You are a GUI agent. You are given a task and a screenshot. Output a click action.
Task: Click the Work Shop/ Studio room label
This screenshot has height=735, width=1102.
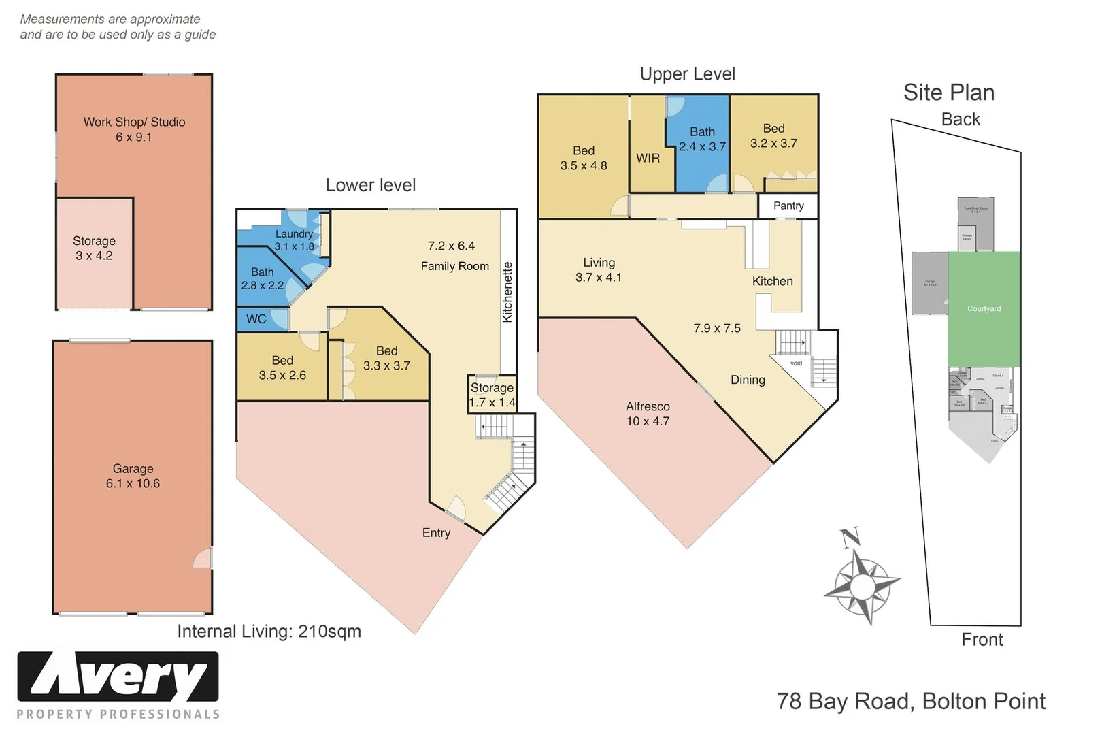tap(134, 129)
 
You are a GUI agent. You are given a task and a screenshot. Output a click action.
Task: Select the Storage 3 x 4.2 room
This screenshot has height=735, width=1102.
tap(94, 248)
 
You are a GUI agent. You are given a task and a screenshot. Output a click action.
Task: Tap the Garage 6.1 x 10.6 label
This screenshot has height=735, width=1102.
tap(133, 476)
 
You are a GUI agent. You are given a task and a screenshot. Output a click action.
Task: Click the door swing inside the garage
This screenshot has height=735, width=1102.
tap(203, 559)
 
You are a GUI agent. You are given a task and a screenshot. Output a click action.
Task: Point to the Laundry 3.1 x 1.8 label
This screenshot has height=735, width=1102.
tap(294, 240)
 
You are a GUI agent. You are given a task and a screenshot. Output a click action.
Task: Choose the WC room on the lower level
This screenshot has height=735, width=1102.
tap(256, 318)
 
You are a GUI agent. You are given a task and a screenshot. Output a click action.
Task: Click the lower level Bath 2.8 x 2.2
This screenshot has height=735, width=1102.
tap(262, 278)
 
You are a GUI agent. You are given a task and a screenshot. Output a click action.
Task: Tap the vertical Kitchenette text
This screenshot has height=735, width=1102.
tap(507, 292)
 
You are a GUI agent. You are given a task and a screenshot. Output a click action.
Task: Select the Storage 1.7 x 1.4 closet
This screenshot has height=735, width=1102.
tap(492, 395)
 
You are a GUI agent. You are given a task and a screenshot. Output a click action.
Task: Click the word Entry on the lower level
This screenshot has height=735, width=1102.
tap(436, 533)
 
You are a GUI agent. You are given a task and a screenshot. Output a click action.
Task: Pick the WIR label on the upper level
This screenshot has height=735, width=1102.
tap(648, 158)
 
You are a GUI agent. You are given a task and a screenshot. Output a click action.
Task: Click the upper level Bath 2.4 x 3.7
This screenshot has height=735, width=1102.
tap(702, 139)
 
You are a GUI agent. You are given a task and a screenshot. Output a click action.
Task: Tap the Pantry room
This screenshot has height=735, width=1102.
tap(788, 206)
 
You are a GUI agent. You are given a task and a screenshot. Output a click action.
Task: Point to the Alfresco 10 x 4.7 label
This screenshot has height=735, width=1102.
tap(648, 414)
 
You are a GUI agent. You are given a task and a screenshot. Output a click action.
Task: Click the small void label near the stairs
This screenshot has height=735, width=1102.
tap(796, 363)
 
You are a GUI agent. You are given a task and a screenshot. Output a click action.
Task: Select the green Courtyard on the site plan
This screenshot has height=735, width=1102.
tap(984, 309)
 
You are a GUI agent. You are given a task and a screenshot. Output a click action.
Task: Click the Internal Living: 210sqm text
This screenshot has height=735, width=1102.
tap(269, 632)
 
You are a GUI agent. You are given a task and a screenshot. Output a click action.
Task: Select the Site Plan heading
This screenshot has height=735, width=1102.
tap(948, 93)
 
